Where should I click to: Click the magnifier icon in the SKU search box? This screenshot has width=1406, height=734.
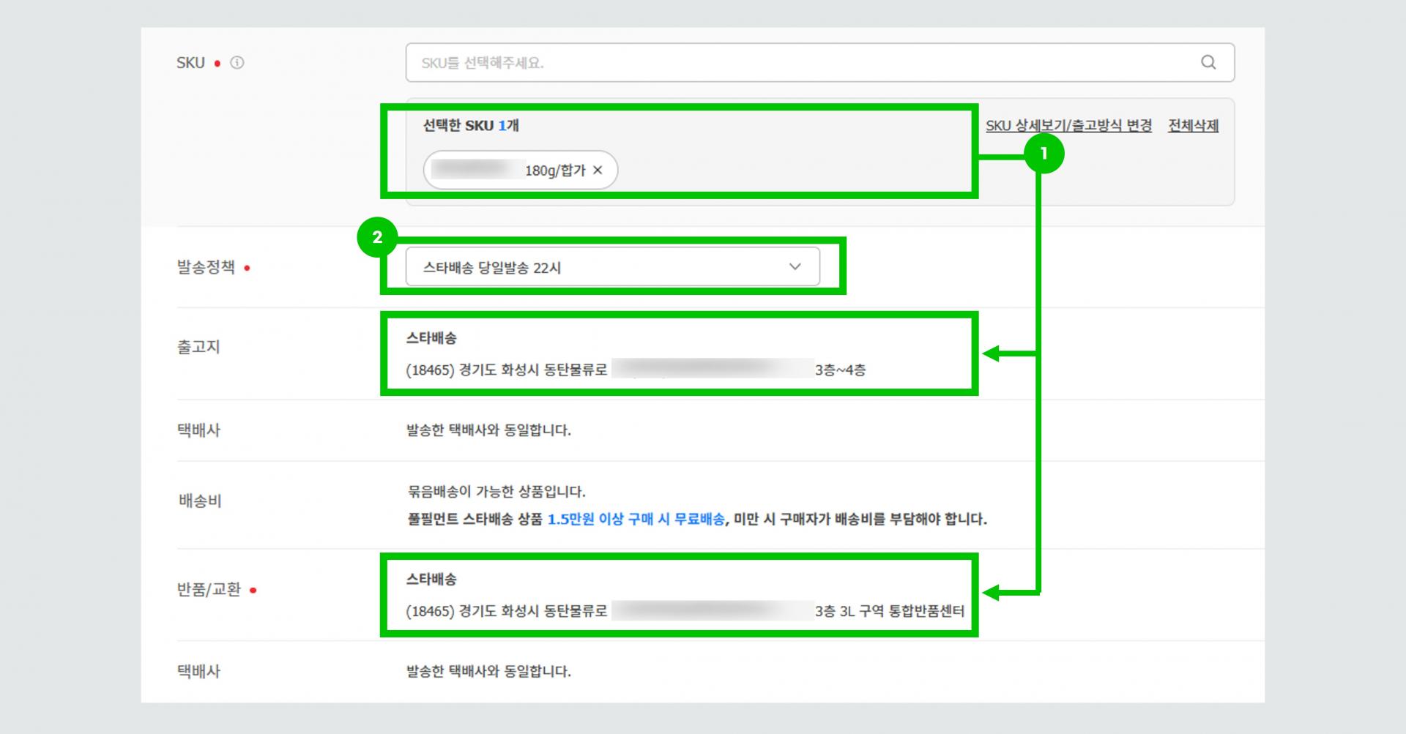point(1208,62)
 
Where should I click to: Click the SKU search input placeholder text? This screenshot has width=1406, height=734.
point(482,63)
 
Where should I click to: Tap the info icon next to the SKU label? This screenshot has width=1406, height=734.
point(237,63)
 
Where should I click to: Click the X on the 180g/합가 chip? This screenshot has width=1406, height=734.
point(598,170)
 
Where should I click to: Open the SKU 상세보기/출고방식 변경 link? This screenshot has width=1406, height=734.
point(1068,126)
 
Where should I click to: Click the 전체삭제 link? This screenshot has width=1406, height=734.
point(1193,126)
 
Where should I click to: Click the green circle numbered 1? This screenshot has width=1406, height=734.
point(1044,154)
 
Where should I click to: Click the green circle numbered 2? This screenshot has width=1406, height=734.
point(377,237)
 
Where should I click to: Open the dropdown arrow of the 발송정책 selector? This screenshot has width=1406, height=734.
point(795,267)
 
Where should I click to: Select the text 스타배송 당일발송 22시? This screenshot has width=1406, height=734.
point(492,268)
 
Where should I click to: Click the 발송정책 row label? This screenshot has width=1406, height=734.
point(206,267)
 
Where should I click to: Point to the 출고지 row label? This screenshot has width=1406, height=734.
point(198,347)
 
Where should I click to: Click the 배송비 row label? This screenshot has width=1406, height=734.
point(200,501)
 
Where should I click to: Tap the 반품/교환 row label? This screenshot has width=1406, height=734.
point(209,590)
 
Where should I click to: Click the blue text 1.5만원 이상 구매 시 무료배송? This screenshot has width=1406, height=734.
point(636,520)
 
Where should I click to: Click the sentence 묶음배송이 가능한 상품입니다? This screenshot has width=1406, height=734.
point(496,492)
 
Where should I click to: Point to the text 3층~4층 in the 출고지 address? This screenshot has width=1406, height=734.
point(840,370)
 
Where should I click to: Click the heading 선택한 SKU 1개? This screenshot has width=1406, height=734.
point(471,126)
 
